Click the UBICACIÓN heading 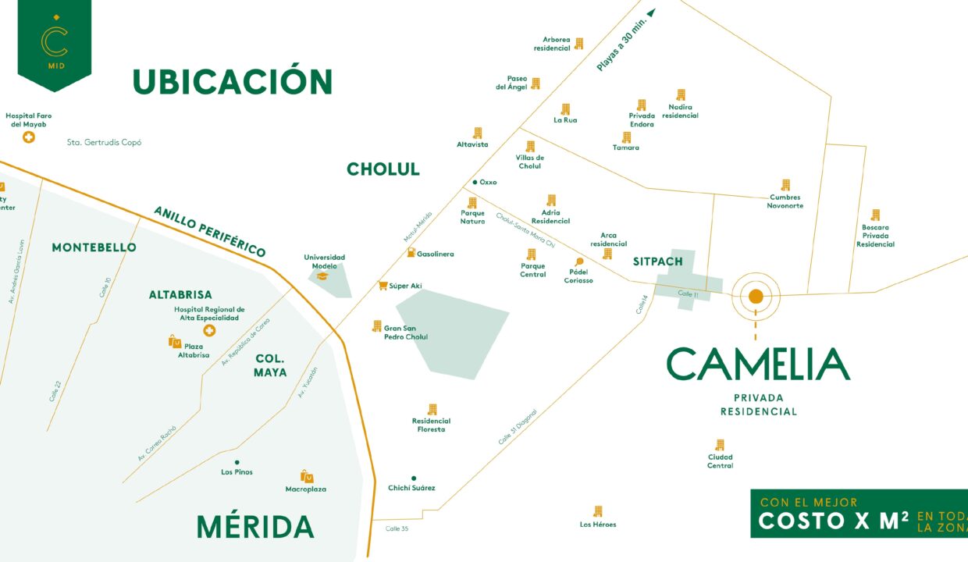[233, 82]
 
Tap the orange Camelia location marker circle [756, 296]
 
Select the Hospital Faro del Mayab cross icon [29, 137]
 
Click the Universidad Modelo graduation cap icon [322, 276]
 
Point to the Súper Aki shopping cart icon [383, 286]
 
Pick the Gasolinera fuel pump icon [411, 253]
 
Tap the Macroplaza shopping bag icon [307, 476]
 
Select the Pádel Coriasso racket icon [578, 262]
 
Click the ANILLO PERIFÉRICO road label [209, 231]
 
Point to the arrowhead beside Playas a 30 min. [651, 12]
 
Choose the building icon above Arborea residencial [578, 44]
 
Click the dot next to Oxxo [475, 182]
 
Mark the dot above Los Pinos [237, 462]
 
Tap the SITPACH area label [657, 261]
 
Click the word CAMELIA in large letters [757, 364]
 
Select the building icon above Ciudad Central [720, 445]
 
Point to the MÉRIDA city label [255, 527]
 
